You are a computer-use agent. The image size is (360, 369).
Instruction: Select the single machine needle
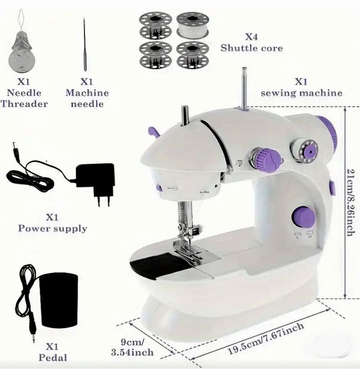(84, 45)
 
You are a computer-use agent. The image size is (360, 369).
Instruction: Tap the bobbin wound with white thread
(193, 25)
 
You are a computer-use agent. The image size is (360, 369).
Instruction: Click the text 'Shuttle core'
(252, 48)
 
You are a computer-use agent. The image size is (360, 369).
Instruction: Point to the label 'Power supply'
(53, 229)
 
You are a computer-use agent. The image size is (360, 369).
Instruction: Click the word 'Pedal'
(53, 358)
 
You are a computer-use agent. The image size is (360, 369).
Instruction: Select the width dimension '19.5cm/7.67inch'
(266, 338)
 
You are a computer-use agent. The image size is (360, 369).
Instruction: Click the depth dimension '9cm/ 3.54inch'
(132, 347)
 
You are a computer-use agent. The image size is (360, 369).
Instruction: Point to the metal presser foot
(188, 251)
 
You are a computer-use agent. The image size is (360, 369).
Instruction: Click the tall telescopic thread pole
(244, 89)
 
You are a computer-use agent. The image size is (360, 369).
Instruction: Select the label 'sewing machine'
(301, 93)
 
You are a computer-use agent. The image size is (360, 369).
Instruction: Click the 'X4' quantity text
(252, 37)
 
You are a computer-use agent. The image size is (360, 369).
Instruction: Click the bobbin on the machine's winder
(304, 150)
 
